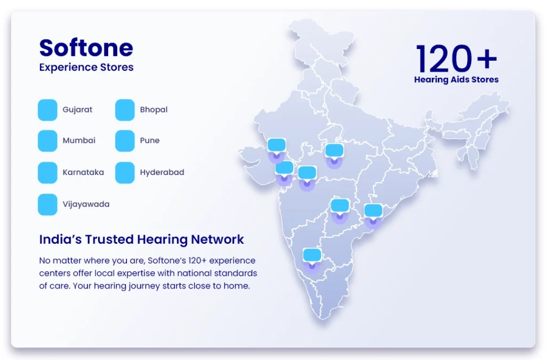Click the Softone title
86,47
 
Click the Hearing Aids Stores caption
456,79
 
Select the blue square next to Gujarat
47,110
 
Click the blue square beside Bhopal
125,110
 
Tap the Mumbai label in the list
79,140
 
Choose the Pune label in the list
150,140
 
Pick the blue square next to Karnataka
47,172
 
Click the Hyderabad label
162,172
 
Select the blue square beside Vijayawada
47,204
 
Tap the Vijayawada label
86,204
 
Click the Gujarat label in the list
77,110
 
